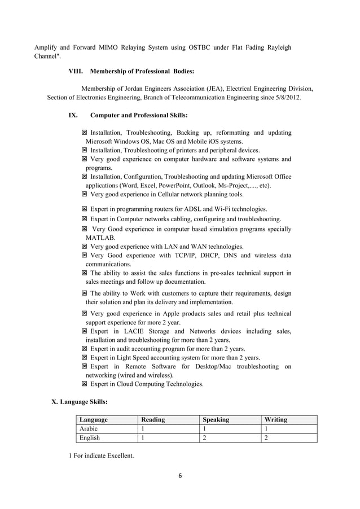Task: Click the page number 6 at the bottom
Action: pyautogui.click(x=180, y=476)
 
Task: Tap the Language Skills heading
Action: pyautogui.click(x=80, y=402)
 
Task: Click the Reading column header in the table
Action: pyautogui.click(x=153, y=420)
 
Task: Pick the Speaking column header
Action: pyautogui.click(x=216, y=420)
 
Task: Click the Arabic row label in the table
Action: pyautogui.click(x=89, y=429)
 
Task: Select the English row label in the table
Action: pyautogui.click(x=90, y=438)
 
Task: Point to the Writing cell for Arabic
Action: pyautogui.click(x=266, y=429)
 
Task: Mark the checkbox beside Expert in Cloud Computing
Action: pyautogui.click(x=84, y=384)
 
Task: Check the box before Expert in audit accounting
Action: pyautogui.click(x=84, y=349)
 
